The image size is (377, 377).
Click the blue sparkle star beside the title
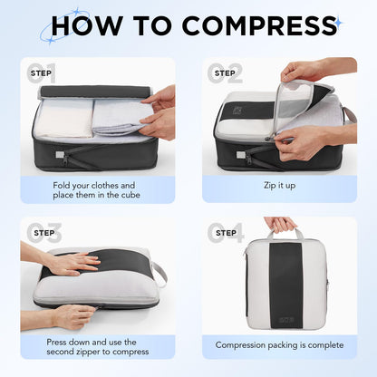337,22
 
